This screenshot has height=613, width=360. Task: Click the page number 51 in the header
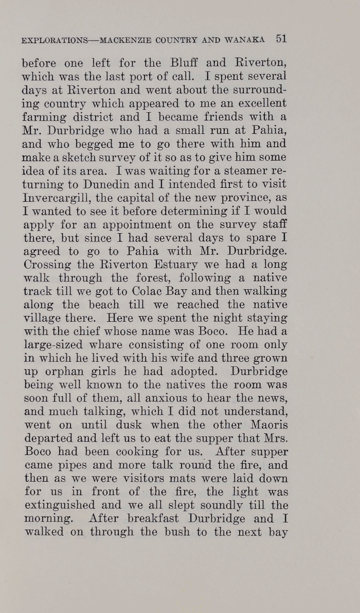pos(281,38)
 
